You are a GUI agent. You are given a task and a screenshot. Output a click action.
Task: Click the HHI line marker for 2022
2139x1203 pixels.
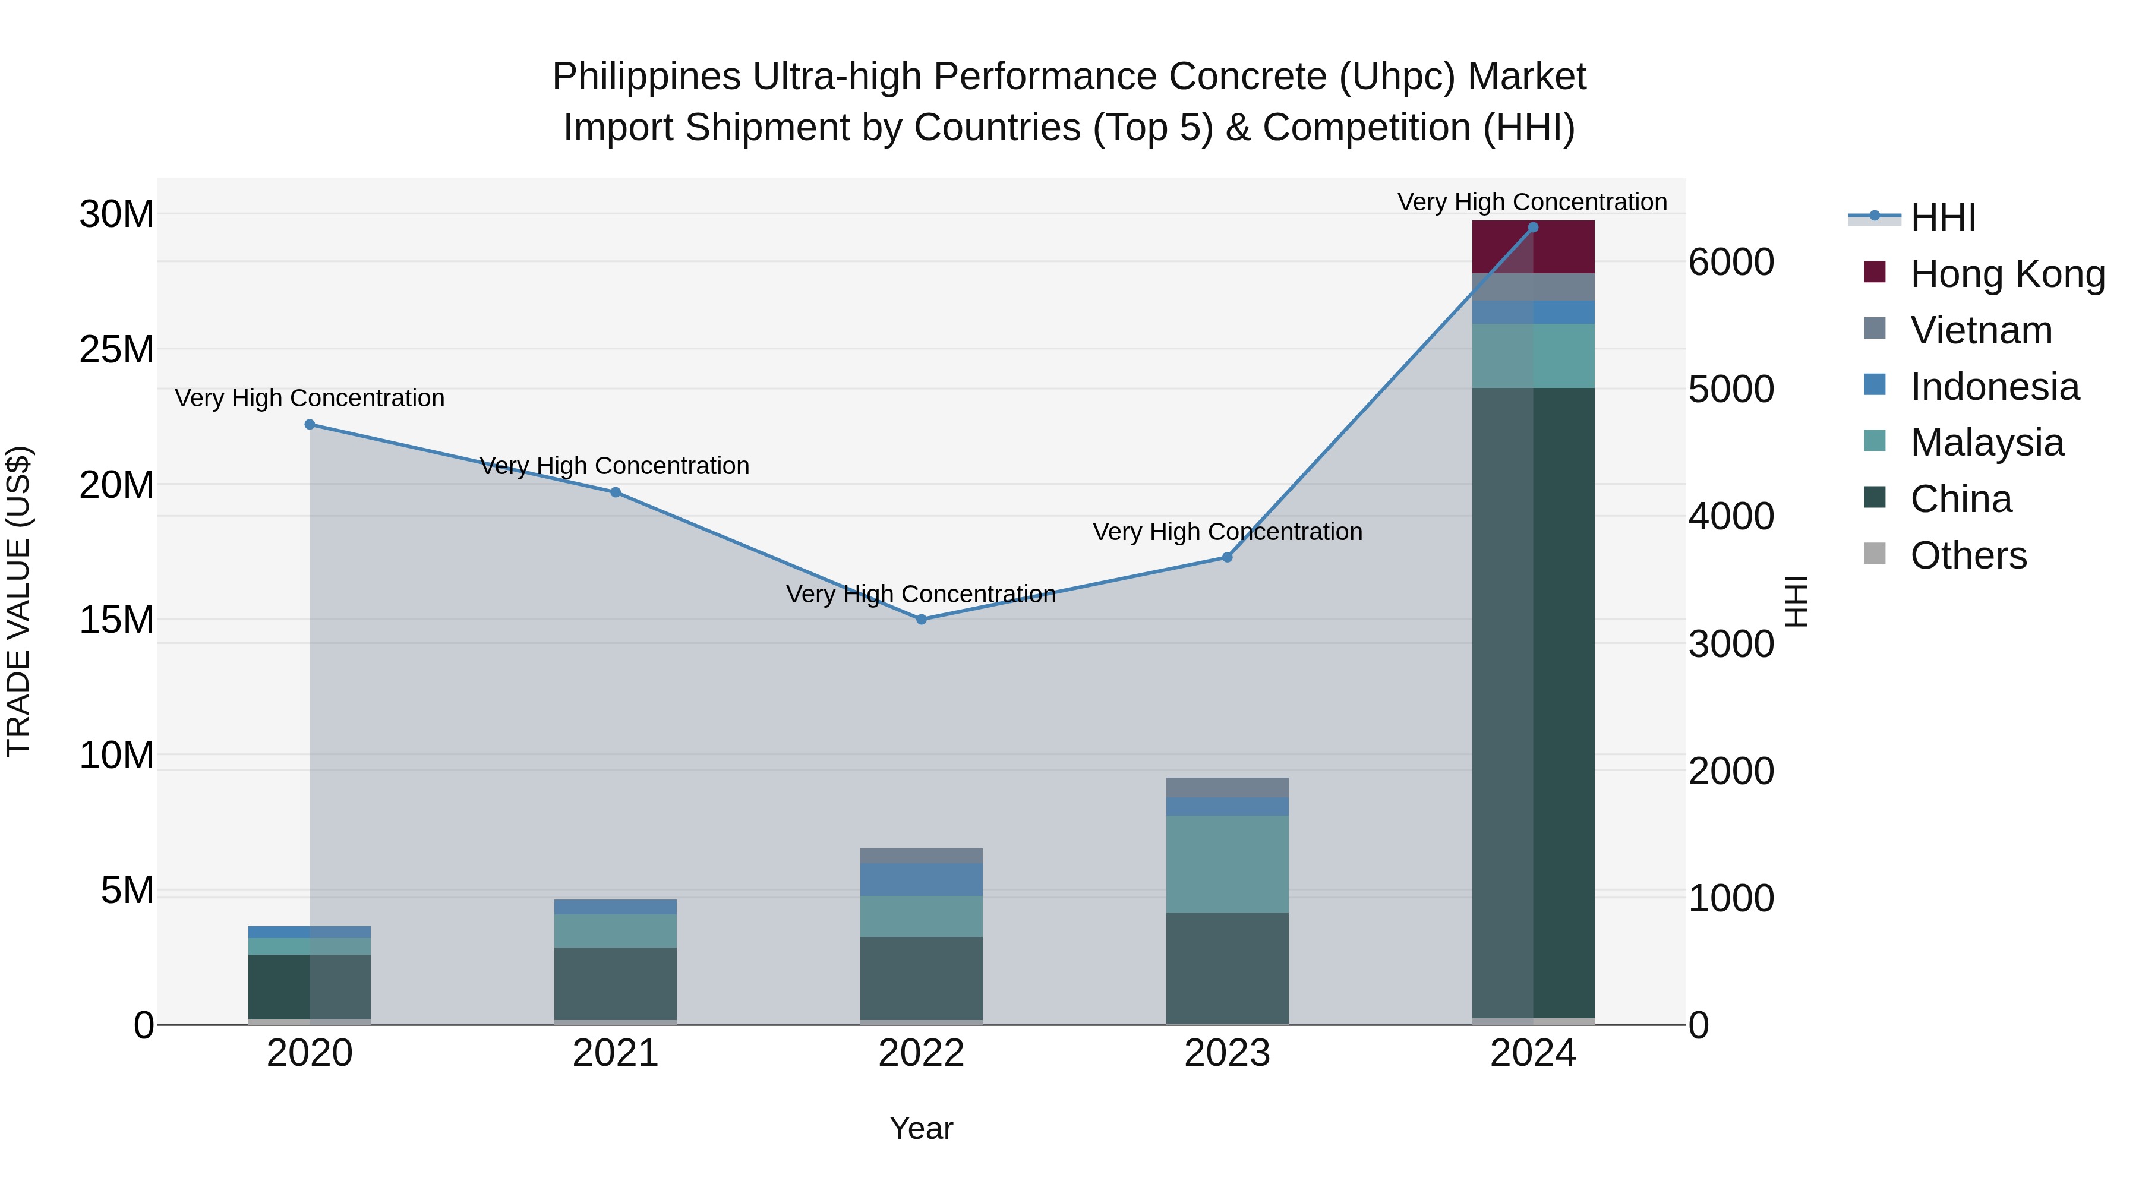[921, 620]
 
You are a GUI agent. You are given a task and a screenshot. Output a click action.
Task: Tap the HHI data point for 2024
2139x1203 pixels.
[1533, 228]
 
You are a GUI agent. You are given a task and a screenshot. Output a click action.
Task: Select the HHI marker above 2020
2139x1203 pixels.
[310, 424]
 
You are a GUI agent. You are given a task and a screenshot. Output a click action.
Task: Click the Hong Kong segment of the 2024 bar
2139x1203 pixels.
[1533, 247]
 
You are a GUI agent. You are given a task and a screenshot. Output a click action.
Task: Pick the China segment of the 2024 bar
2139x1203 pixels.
[1533, 706]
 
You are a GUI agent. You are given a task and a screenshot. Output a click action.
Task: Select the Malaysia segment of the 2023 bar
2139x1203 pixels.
[1228, 864]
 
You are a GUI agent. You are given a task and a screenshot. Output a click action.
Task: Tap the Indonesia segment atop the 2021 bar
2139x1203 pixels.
[616, 907]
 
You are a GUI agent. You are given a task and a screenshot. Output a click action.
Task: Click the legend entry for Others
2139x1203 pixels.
[1968, 555]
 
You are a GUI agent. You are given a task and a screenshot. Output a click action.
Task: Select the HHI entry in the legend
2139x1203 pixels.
[1942, 217]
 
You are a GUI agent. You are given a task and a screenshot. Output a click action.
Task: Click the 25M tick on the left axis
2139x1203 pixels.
[116, 349]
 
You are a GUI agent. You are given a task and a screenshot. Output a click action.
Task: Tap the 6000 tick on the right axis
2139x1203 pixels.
[1731, 263]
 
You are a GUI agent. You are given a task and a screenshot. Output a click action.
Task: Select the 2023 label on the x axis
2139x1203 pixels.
[1228, 1053]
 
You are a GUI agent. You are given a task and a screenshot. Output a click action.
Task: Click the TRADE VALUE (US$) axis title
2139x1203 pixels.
[18, 601]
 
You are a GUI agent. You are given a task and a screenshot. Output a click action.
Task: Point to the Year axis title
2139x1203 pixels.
[921, 1128]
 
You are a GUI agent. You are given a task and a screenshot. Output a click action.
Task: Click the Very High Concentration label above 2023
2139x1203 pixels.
[1228, 531]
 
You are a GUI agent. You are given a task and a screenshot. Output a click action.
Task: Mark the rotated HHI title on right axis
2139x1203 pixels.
[1796, 601]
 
